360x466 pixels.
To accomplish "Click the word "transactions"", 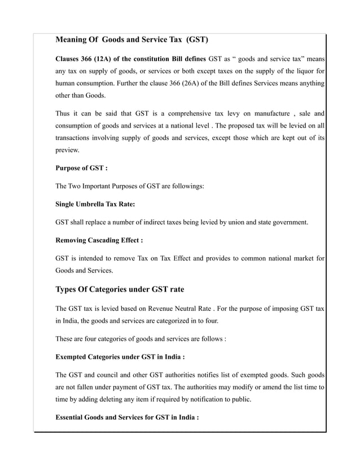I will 74,138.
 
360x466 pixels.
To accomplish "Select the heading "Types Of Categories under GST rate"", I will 119,290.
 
